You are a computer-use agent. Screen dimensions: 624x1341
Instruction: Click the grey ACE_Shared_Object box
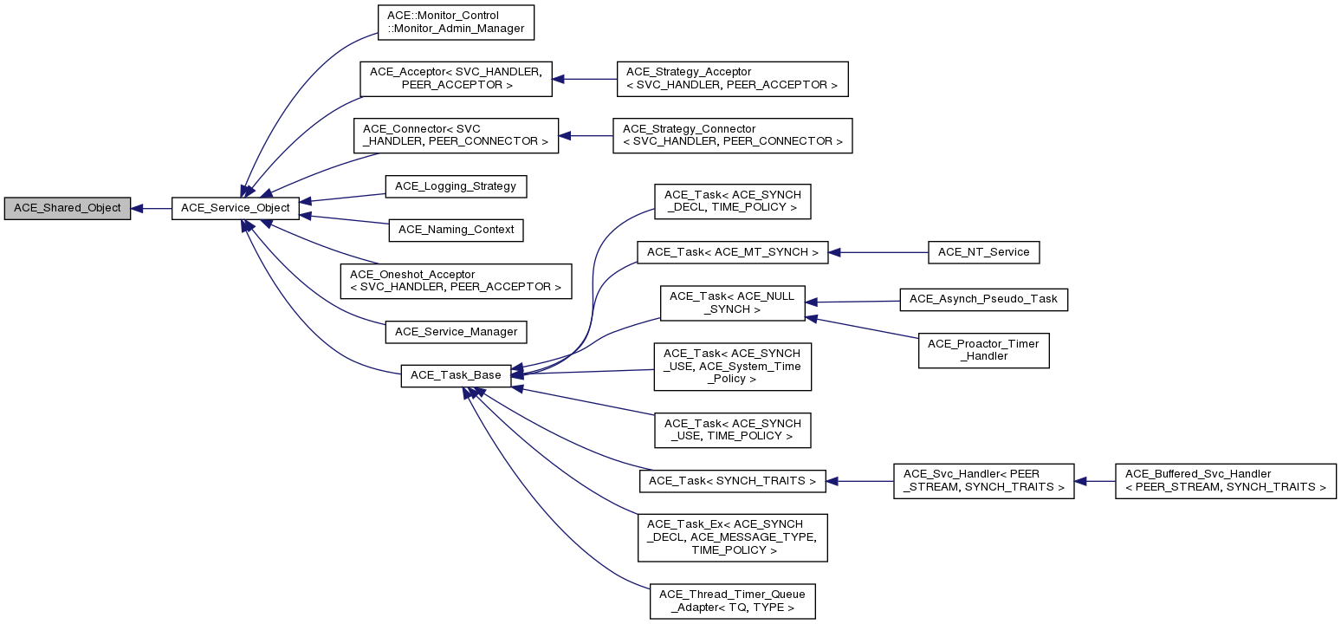(68, 209)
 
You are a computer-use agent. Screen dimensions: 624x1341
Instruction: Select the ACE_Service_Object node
(236, 209)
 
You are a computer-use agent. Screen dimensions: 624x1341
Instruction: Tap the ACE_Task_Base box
(456, 375)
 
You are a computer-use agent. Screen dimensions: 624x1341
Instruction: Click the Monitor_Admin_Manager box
(456, 23)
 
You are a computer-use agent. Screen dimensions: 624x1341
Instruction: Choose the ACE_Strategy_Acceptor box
(731, 79)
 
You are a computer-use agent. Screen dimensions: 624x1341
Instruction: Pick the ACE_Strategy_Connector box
(732, 136)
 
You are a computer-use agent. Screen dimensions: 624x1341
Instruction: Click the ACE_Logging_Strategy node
(456, 186)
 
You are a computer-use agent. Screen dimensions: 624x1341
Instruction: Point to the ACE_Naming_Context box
(456, 231)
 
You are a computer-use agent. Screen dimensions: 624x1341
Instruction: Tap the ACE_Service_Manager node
(456, 332)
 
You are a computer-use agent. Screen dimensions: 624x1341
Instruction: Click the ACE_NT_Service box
(983, 252)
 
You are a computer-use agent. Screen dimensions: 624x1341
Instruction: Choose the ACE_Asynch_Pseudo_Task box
(984, 299)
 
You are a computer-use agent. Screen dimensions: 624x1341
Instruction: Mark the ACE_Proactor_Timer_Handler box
(983, 350)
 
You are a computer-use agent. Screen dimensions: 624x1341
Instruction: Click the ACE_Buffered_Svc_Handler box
(1225, 481)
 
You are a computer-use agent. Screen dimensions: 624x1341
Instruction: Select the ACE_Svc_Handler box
(983, 481)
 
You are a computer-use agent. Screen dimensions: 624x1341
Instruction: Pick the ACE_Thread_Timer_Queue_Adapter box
(732, 601)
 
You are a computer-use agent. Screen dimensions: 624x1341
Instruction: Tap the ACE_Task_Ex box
(732, 537)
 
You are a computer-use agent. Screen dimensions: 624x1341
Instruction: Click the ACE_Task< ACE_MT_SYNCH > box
(732, 252)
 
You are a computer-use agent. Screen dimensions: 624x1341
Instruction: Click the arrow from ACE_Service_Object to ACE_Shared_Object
(152, 209)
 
